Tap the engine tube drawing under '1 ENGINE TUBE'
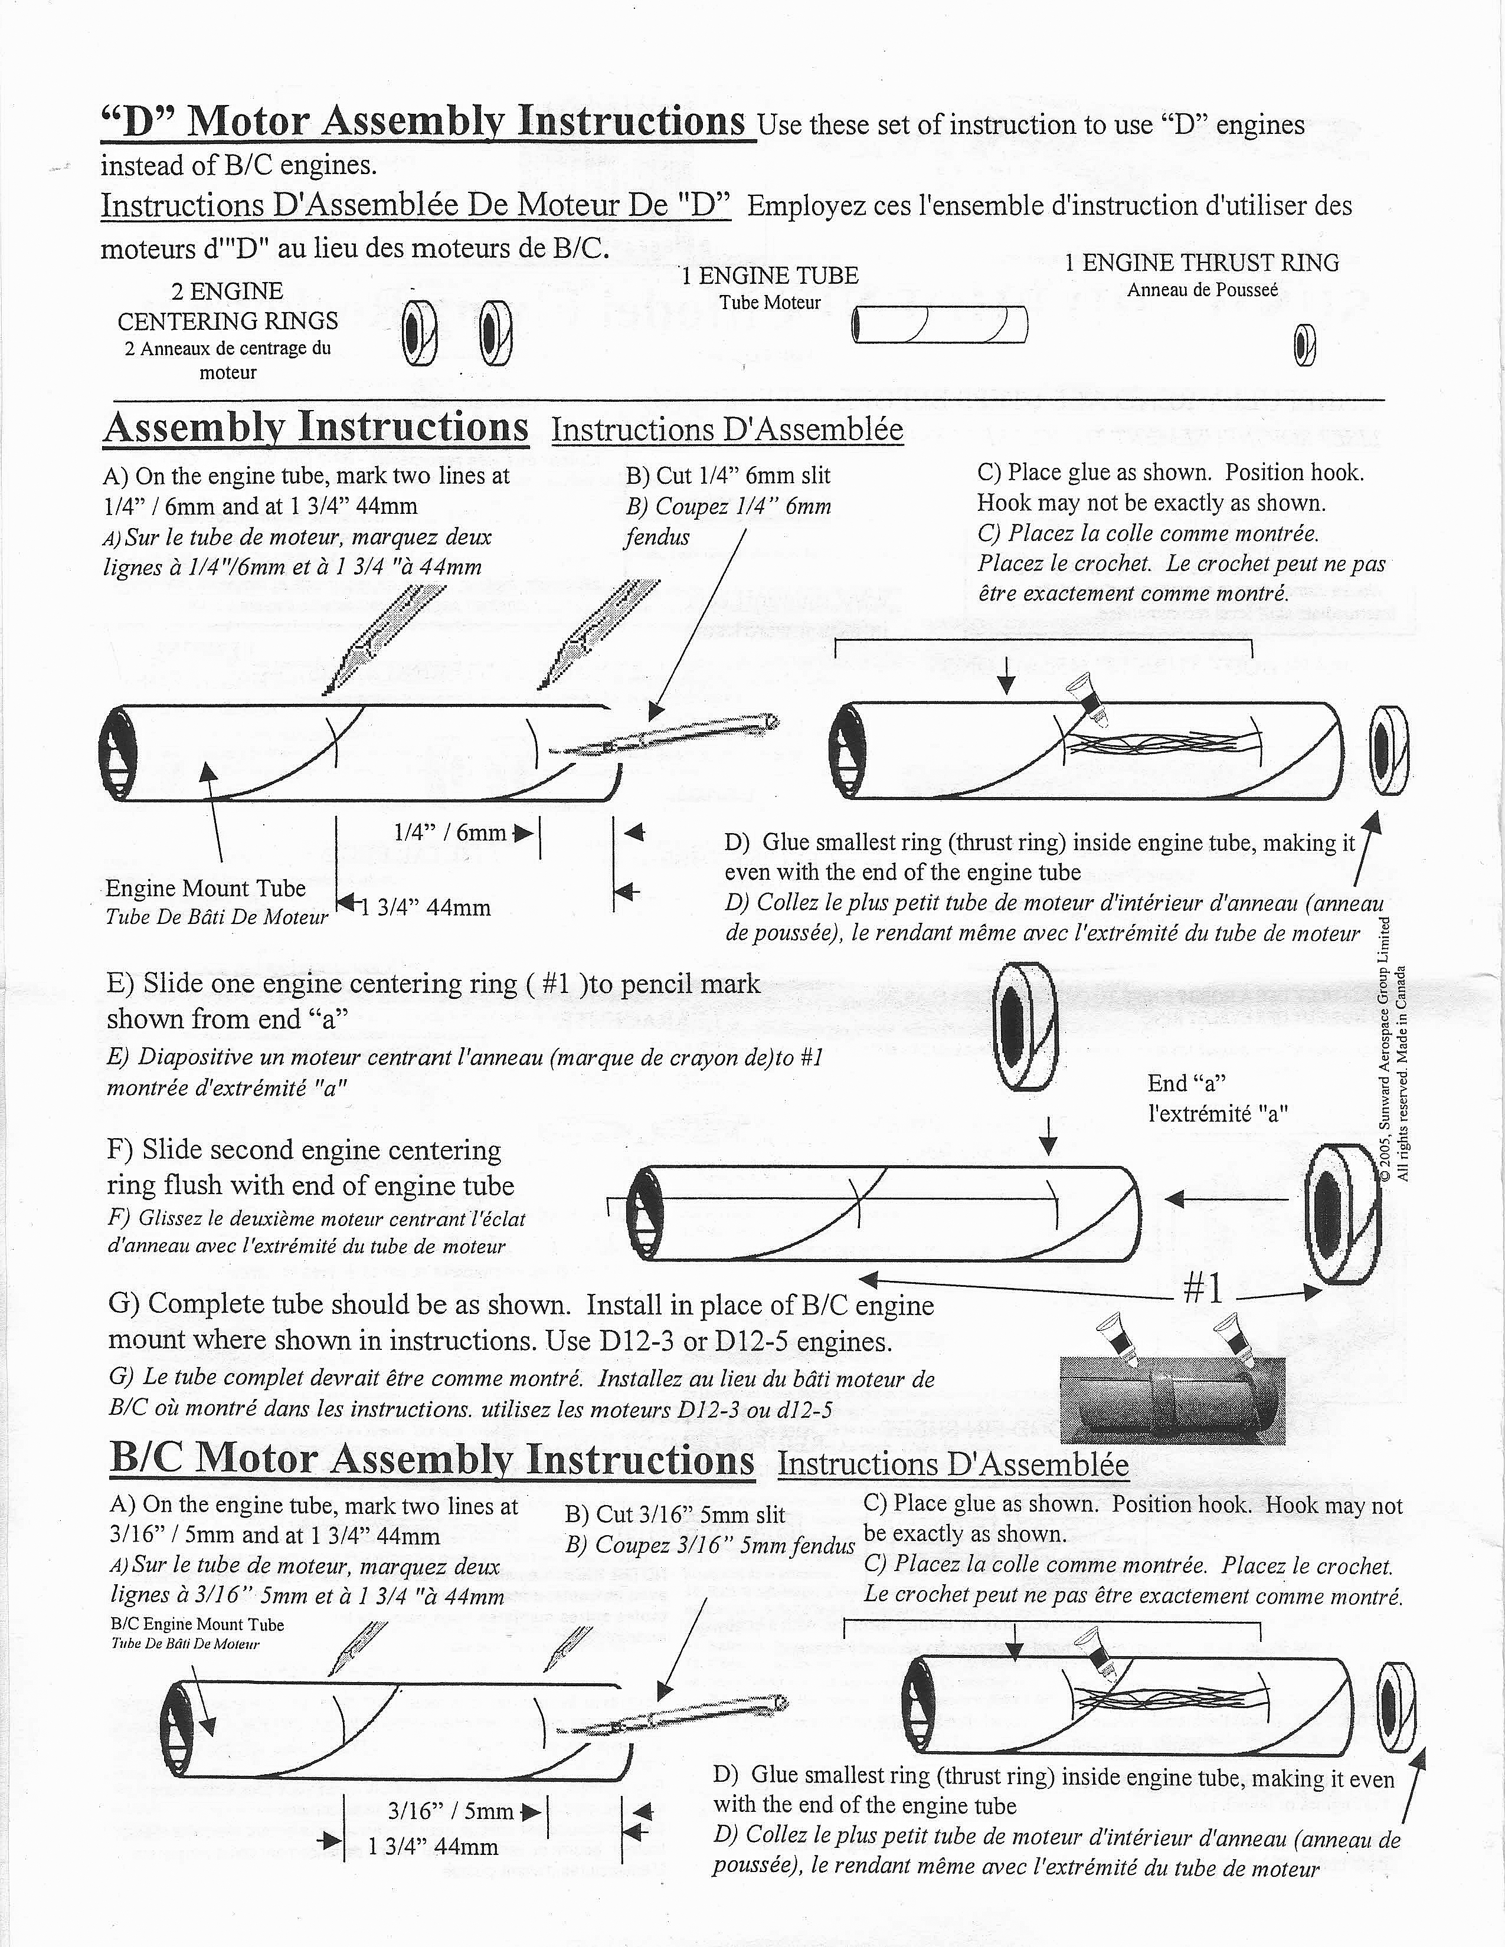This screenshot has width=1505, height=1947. [x=940, y=324]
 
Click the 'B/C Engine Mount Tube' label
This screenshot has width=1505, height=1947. [x=197, y=1624]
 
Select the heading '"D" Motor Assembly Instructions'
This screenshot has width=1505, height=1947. [x=424, y=121]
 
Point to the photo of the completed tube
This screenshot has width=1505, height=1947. [x=1171, y=1397]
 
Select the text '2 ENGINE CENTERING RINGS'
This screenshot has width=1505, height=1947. [x=227, y=306]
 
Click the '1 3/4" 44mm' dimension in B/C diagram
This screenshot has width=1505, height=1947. [x=433, y=1847]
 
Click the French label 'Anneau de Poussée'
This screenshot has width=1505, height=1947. [x=1202, y=290]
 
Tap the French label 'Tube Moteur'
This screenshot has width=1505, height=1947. [x=770, y=302]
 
